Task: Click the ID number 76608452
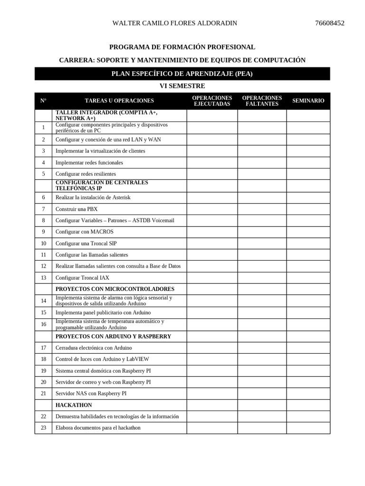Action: coord(329,23)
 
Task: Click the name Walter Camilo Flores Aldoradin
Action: coord(174,23)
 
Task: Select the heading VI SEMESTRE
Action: coord(182,86)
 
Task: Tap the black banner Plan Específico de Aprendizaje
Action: coord(182,74)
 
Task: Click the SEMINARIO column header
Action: coord(308,101)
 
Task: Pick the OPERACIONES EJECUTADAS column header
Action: coord(212,101)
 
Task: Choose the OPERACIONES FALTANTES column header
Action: coord(262,101)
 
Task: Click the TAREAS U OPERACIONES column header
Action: coord(119,101)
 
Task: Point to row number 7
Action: coord(43,209)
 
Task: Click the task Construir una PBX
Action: coord(77,209)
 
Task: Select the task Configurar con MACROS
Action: coord(85,232)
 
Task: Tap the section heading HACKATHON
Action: coord(74,405)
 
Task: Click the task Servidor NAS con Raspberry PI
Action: coord(91,393)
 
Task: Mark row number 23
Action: coord(43,428)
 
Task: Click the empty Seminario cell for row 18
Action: coord(308,359)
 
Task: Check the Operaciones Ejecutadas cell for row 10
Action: coord(212,243)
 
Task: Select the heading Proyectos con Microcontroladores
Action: coord(115,289)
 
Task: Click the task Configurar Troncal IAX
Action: coord(82,278)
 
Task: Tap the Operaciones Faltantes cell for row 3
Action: coord(262,151)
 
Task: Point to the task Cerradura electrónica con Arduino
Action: coord(94,348)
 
